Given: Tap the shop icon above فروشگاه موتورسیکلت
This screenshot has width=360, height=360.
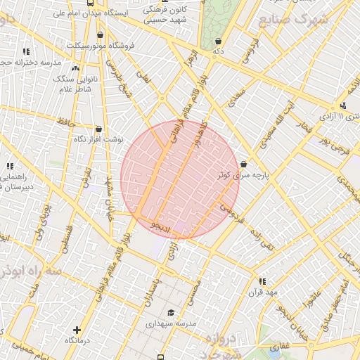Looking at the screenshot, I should click(100, 34).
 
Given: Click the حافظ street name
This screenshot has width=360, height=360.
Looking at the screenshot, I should click(67, 122).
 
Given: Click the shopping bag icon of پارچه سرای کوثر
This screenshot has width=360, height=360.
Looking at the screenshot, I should click(243, 163).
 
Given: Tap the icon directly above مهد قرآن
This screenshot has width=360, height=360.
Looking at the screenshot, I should click(262, 281).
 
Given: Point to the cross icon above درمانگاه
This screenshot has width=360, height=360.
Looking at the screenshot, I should click(76, 329).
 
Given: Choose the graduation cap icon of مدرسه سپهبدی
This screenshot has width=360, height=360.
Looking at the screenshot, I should click(169, 313).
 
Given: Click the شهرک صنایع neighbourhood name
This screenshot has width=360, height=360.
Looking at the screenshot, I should click(294, 20).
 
